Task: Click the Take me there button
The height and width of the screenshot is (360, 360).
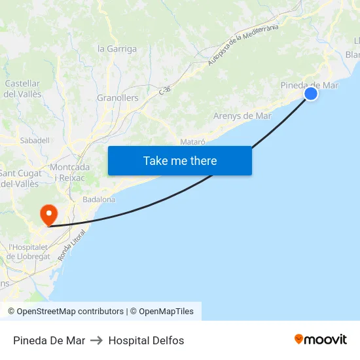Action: click(x=179, y=160)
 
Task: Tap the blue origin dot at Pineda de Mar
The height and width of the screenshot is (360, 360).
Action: click(x=311, y=94)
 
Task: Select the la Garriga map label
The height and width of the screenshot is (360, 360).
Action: click(x=117, y=48)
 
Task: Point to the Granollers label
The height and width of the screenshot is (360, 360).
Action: click(x=118, y=98)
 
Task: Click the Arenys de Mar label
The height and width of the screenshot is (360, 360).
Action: click(x=242, y=116)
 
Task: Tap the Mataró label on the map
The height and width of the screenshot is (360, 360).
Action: click(x=192, y=141)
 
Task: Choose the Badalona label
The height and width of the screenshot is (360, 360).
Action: click(x=99, y=199)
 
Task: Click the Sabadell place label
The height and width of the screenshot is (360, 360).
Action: click(x=35, y=140)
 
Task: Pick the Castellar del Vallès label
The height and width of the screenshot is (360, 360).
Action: click(x=23, y=89)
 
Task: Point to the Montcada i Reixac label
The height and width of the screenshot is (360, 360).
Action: click(x=70, y=172)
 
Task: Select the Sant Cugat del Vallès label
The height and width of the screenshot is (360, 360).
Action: click(x=19, y=178)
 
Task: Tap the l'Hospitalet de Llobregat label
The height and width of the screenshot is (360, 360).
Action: click(x=28, y=252)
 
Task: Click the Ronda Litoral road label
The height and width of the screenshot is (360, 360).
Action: click(x=72, y=245)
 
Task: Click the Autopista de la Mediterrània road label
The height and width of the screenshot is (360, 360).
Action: click(x=243, y=45)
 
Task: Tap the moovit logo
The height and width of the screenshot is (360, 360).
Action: click(x=321, y=340)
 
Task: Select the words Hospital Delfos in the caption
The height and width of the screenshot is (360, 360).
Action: click(x=146, y=340)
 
